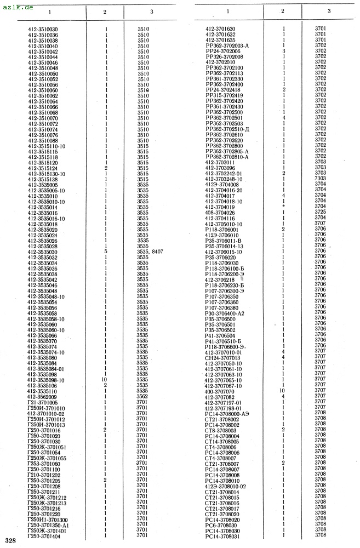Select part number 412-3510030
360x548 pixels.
click(x=43, y=30)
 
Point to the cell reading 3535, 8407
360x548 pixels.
click(x=150, y=252)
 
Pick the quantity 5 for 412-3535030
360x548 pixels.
click(x=106, y=252)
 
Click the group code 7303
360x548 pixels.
click(x=321, y=179)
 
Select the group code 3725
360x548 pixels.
click(x=321, y=212)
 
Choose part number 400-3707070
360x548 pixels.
click(x=220, y=391)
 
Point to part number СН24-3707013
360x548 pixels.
click(x=222, y=357)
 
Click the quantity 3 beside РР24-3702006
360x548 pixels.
click(x=284, y=50)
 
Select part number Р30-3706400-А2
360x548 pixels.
click(x=225, y=313)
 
